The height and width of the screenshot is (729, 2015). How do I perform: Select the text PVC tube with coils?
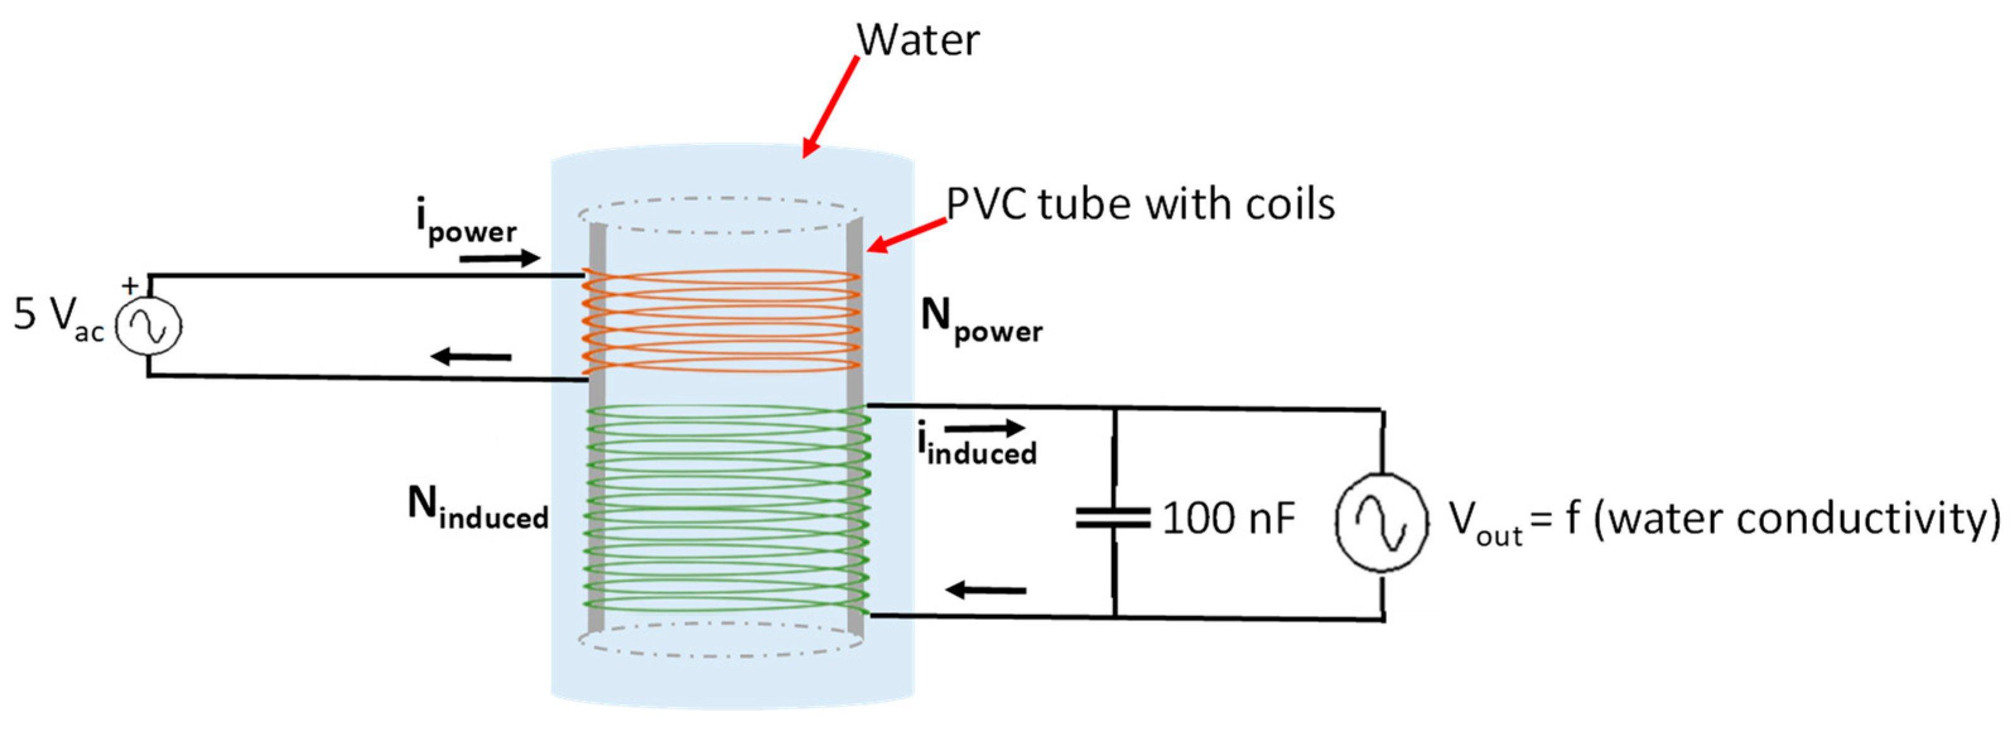(x=1140, y=204)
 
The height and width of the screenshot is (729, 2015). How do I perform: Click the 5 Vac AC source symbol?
(x=149, y=326)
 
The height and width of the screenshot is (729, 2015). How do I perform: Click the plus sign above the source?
(x=130, y=284)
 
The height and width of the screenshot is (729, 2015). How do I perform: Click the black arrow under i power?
(x=499, y=257)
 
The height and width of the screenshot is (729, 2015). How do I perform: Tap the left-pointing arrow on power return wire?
(x=471, y=357)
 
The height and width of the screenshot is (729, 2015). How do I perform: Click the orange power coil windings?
(x=721, y=321)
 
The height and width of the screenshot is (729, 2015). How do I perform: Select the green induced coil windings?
(x=727, y=508)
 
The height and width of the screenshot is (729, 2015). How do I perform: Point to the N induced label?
(x=477, y=508)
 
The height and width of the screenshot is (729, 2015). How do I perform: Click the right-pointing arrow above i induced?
(x=984, y=427)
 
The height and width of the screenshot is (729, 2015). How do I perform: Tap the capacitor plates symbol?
(x=1113, y=517)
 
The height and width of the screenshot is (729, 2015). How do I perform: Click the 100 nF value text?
(x=1228, y=517)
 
